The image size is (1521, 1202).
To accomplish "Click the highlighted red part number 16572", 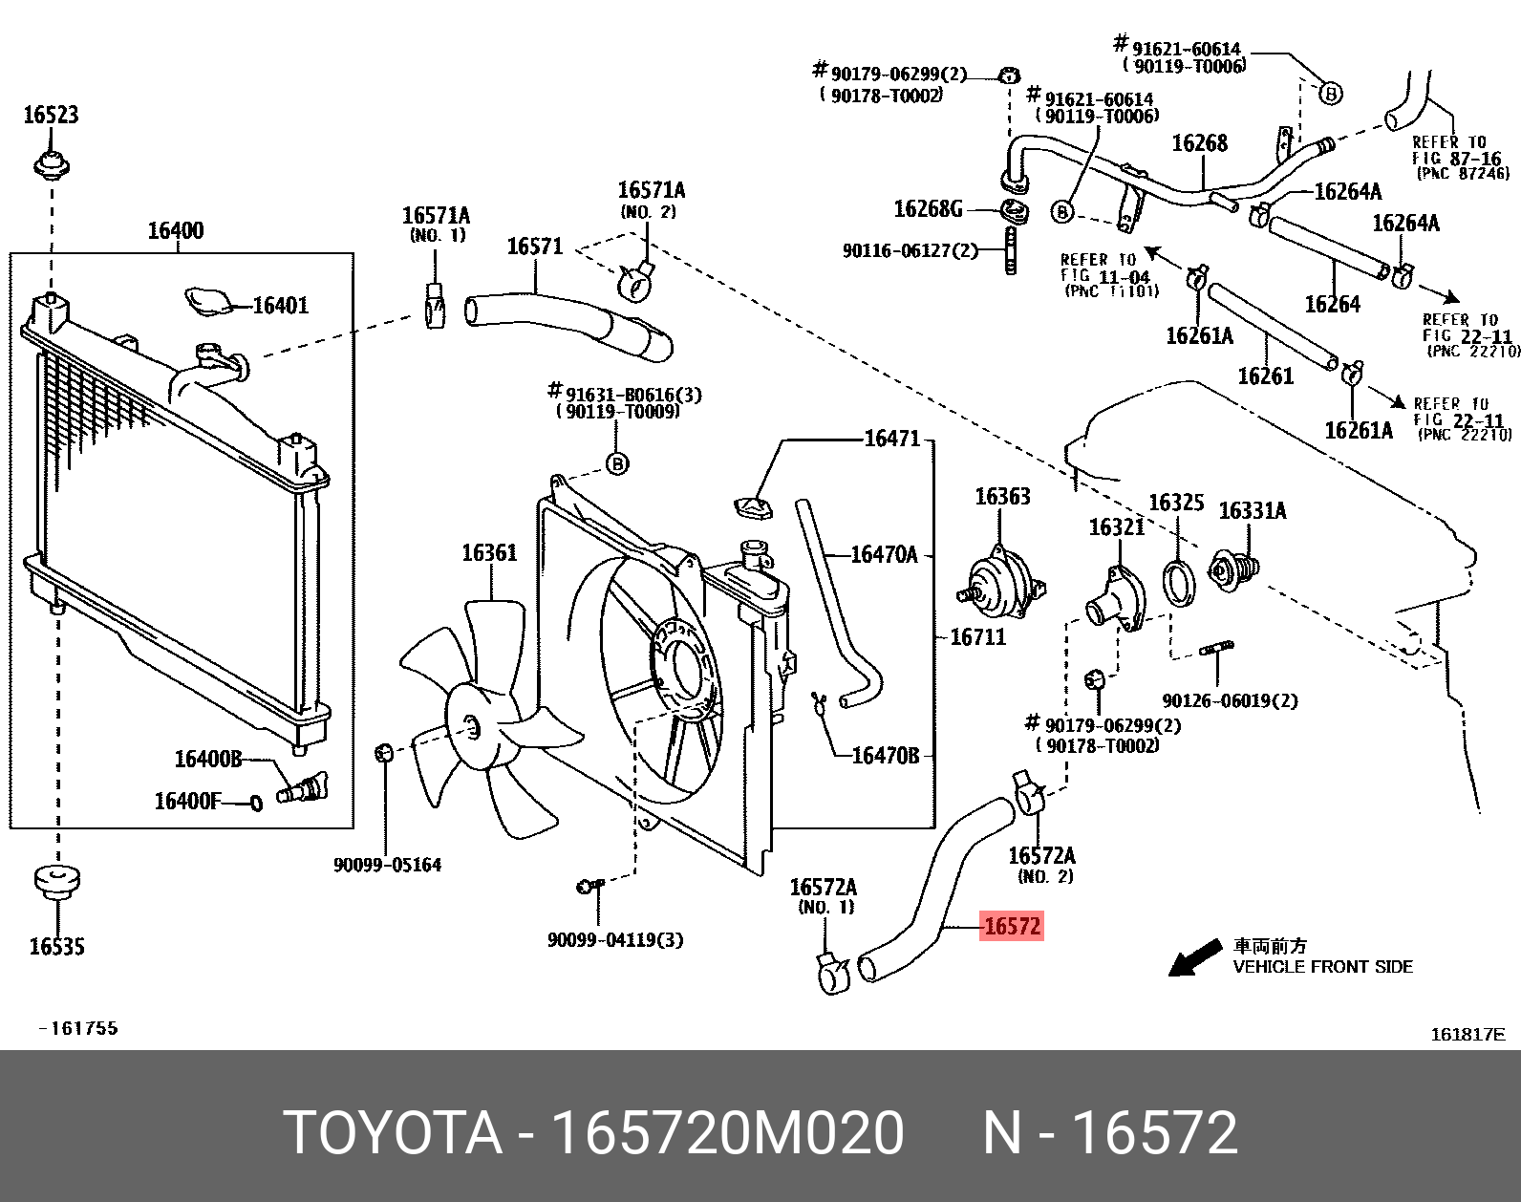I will pyautogui.click(x=1012, y=926).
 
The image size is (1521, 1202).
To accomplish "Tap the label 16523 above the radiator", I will pyautogui.click(x=51, y=116).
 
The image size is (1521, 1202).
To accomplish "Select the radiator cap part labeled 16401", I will pyautogui.click(x=207, y=302).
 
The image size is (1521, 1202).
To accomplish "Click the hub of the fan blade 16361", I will pyautogui.click(x=471, y=727).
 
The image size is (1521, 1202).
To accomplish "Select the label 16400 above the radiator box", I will pyautogui.click(x=175, y=230).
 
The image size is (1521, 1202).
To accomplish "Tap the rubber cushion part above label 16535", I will pyautogui.click(x=56, y=881).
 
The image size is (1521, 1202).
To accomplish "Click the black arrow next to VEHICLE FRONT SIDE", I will pyautogui.click(x=1194, y=958).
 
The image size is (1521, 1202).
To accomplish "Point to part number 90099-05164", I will pyautogui.click(x=387, y=866).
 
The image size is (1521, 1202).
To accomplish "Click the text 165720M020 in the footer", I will pyautogui.click(x=728, y=1134).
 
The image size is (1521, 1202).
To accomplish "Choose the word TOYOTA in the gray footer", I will pyautogui.click(x=393, y=1134).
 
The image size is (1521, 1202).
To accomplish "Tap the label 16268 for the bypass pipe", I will pyautogui.click(x=1199, y=143).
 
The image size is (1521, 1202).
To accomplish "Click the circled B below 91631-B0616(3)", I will pyautogui.click(x=618, y=464).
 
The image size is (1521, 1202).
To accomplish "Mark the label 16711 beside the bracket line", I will pyautogui.click(x=977, y=637).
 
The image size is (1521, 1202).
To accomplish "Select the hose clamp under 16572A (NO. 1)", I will pyautogui.click(x=833, y=974).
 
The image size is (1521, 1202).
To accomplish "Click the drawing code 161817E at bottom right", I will pyautogui.click(x=1467, y=1034).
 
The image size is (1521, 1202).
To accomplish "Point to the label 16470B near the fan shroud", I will pyautogui.click(x=885, y=756).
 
